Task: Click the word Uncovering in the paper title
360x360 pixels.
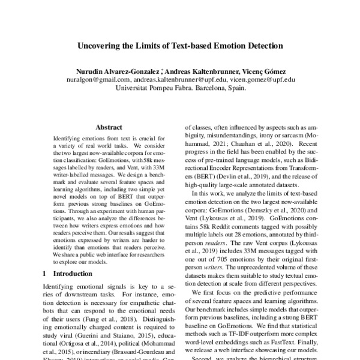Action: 98,45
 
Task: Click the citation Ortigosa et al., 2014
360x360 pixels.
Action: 76,337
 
